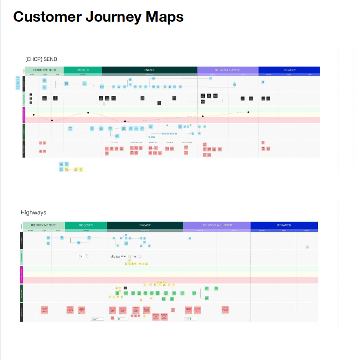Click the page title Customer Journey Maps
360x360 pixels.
pos(98,17)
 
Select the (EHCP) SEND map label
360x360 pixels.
pos(41,59)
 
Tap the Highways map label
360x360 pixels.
pos(33,213)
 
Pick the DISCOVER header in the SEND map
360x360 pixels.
pos(82,70)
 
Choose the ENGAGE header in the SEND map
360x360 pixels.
pos(149,70)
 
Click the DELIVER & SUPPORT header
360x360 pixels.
pos(228,70)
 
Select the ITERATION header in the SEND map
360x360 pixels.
pos(289,70)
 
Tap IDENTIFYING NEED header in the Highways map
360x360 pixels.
pos(44,225)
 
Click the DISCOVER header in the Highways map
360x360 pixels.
pos(86,225)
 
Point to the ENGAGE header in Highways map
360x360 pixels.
pos(145,225)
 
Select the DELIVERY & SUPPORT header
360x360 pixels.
pos(217,225)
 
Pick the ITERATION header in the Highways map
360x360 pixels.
pos(284,225)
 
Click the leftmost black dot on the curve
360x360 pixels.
pos(34,115)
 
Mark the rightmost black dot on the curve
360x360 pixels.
pos(248,112)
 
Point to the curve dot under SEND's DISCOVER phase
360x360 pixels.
pos(88,113)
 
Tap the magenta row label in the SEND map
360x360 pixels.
pos(24,115)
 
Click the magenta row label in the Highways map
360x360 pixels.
pos(21,275)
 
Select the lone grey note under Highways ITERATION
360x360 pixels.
pos(307,247)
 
